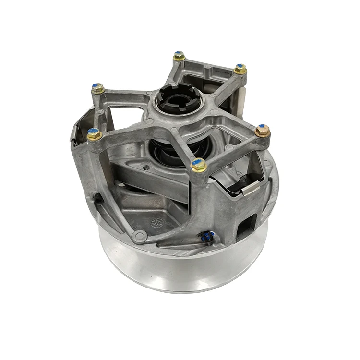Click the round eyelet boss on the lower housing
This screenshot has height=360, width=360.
139,236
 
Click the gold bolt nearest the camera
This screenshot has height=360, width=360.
199,165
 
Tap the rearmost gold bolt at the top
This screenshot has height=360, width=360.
180,56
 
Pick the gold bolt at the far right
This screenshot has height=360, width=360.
262,131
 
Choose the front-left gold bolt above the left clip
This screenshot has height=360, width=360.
94,134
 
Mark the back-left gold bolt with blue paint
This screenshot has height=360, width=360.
97,88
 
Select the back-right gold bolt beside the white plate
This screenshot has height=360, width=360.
240,69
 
